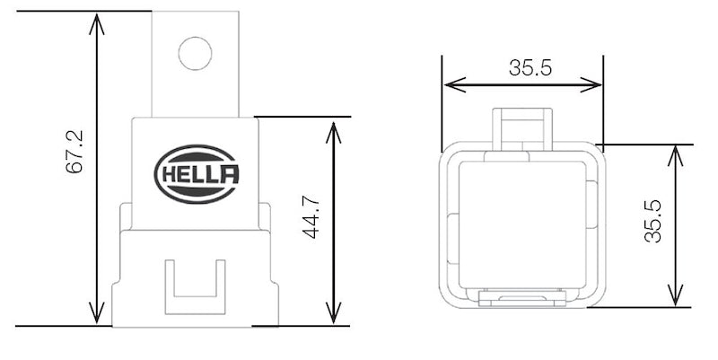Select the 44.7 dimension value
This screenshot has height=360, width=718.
311,218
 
